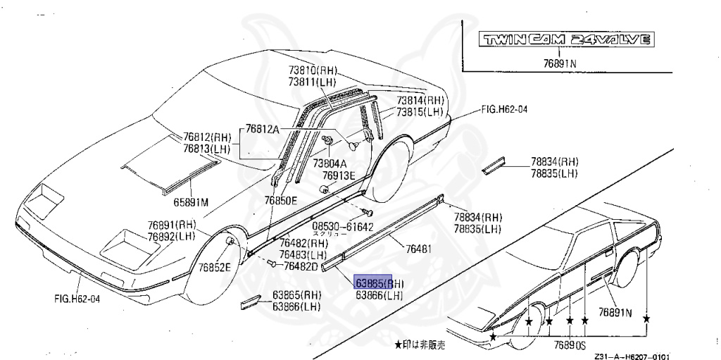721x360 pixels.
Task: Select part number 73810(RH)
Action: pyautogui.click(x=313, y=71)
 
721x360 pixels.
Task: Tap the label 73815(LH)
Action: pyautogui.click(x=420, y=112)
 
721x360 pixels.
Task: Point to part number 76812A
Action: pyautogui.click(x=263, y=129)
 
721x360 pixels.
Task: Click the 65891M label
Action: pyautogui.click(x=192, y=202)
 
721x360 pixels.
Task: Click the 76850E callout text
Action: pyautogui.click(x=281, y=201)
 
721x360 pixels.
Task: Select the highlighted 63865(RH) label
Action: pyautogui.click(x=380, y=283)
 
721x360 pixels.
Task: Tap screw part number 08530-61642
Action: pyautogui.click(x=343, y=227)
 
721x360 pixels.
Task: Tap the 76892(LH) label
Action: pyautogui.click(x=171, y=236)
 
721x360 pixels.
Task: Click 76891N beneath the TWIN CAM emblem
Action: pyautogui.click(x=560, y=63)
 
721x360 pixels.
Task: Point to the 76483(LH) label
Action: pyautogui.click(x=303, y=254)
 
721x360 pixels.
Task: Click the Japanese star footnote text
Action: pyautogui.click(x=420, y=345)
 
